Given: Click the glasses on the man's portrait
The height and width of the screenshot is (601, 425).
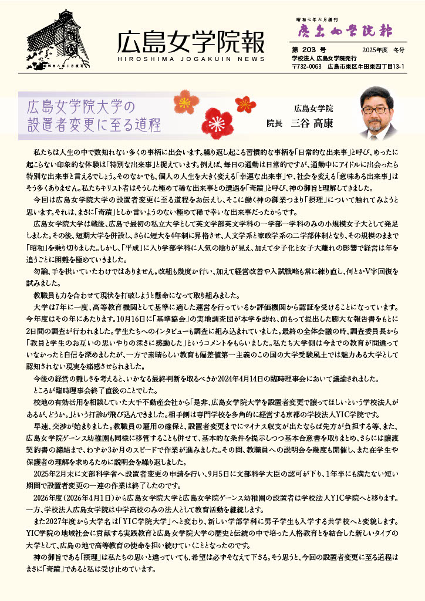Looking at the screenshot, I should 375,109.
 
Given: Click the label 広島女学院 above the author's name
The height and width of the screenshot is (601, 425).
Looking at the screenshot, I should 313,108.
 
